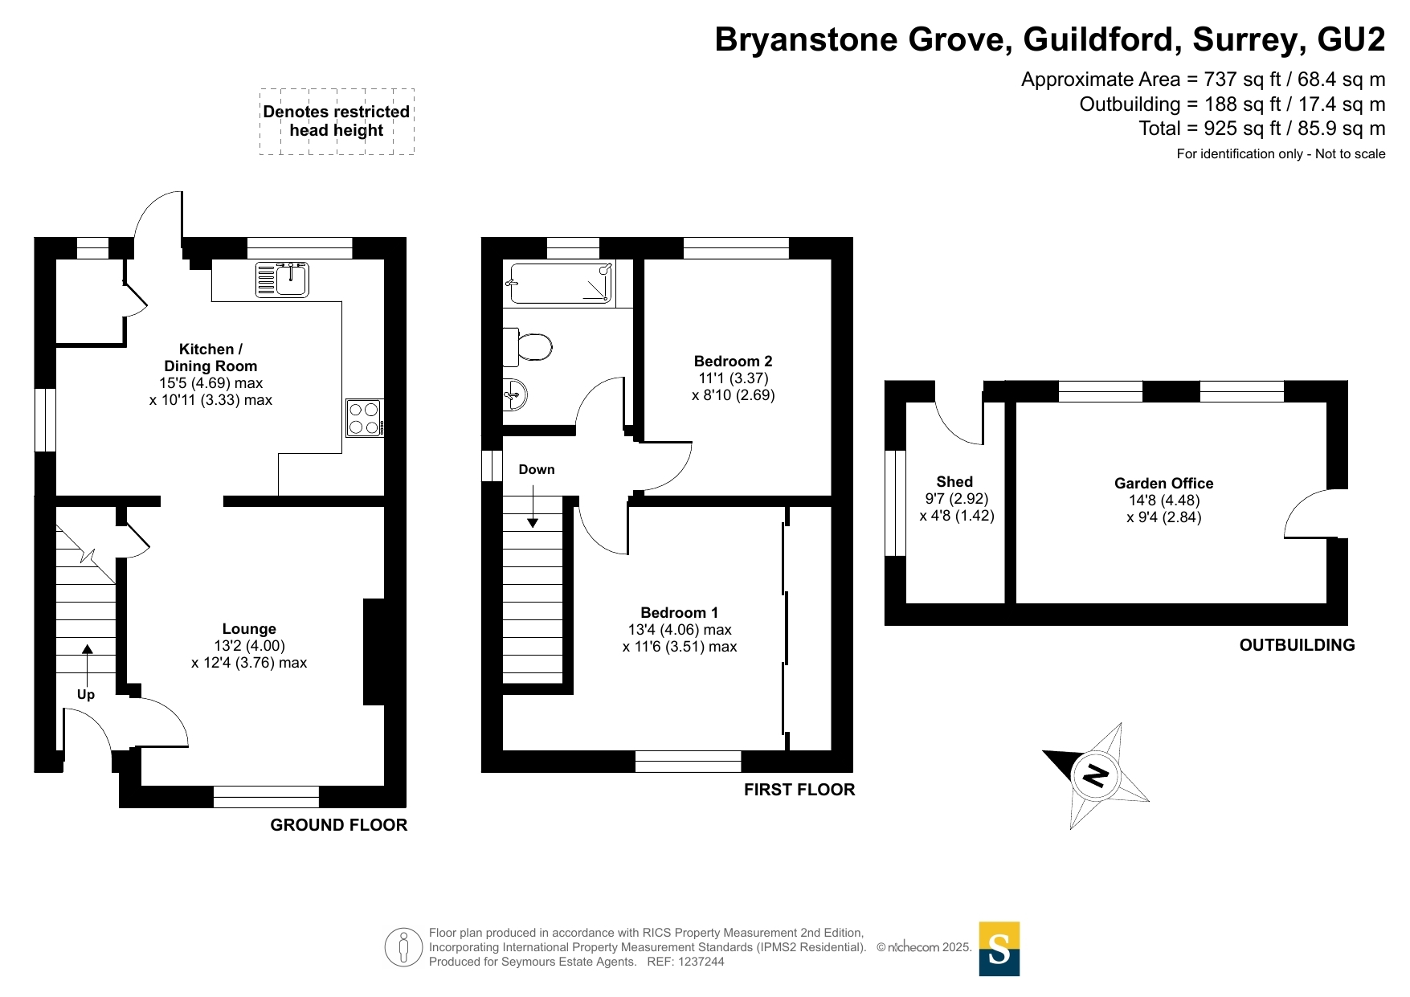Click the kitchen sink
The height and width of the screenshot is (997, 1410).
282,280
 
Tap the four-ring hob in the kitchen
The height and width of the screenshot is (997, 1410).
365,418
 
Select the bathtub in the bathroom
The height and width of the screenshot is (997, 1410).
561,284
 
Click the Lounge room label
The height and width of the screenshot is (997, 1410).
249,629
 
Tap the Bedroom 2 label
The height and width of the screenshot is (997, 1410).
733,362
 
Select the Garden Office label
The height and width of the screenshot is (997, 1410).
1163,484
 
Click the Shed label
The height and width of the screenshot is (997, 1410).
954,482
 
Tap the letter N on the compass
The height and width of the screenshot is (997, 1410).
1096,776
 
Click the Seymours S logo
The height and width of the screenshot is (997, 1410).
999,949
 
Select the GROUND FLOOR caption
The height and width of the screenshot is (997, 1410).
338,825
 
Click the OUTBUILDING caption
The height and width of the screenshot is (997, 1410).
1297,645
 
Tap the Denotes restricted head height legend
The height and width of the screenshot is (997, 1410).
337,121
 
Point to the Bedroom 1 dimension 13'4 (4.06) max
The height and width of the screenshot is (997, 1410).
680,630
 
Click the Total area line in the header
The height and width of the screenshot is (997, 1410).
1262,129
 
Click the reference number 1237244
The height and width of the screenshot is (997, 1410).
701,962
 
